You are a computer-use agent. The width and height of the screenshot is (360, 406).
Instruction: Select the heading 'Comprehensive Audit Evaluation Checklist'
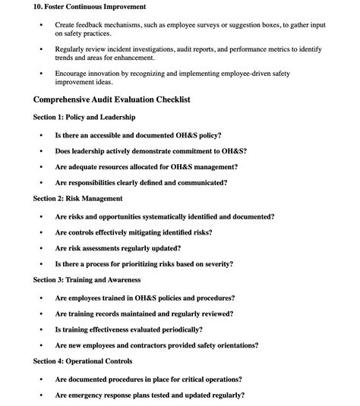(x=112, y=99)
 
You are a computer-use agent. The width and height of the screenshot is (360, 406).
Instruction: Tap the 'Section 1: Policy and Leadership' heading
(x=84, y=118)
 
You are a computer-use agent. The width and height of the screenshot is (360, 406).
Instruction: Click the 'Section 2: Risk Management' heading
(x=77, y=199)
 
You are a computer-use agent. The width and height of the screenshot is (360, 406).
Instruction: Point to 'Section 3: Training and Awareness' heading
(x=87, y=280)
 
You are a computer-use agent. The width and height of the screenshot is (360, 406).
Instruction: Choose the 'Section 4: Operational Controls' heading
(x=83, y=361)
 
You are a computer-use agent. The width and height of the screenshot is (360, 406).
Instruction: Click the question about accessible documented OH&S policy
(x=151, y=134)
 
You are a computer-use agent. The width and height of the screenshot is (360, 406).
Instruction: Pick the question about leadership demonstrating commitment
(x=150, y=150)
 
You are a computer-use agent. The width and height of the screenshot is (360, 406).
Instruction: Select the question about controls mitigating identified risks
(x=134, y=232)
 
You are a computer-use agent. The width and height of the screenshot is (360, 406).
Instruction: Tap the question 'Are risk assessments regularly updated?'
(x=118, y=248)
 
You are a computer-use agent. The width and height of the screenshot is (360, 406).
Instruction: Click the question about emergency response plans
(x=150, y=395)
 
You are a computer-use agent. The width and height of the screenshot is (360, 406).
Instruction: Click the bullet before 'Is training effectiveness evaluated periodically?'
(x=41, y=330)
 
